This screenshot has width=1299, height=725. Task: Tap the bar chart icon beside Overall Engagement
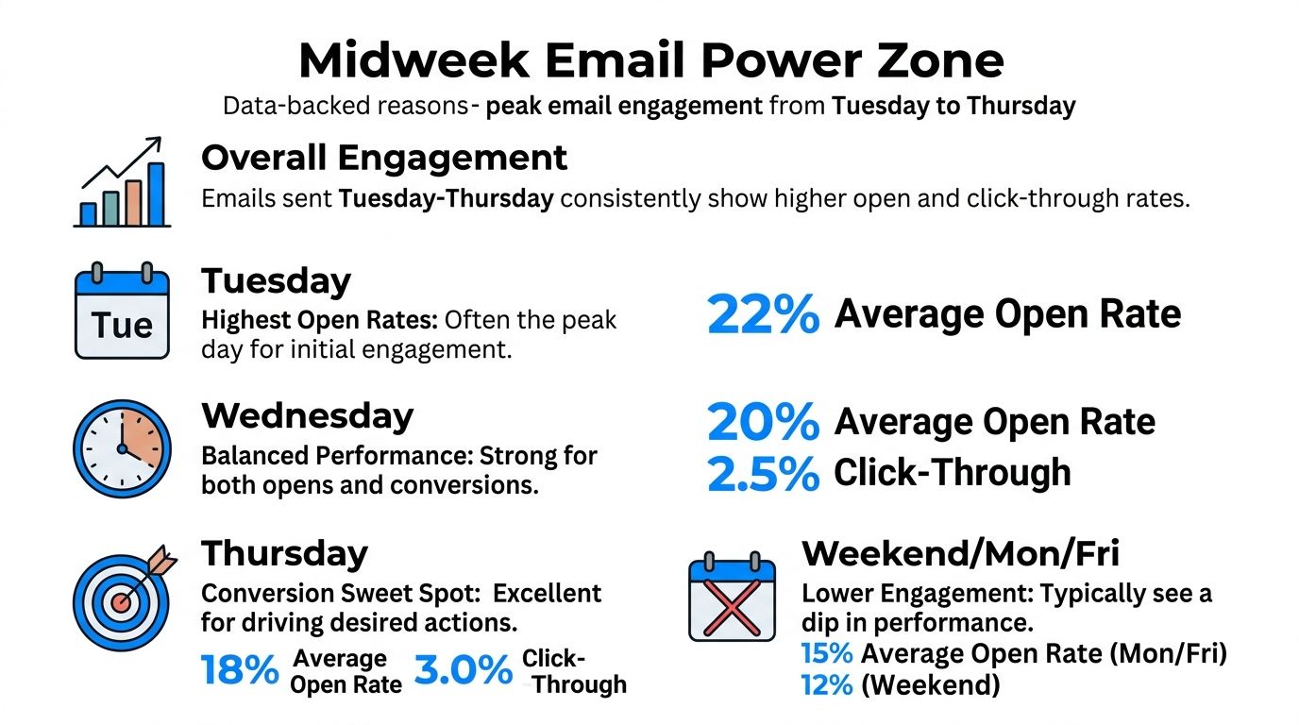click(122, 183)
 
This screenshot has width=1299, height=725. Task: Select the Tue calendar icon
click(122, 312)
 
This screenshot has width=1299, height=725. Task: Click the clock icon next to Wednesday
click(122, 448)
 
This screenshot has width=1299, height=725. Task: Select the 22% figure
click(763, 315)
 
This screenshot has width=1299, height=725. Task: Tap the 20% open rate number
click(763, 423)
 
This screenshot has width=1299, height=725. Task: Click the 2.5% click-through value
click(763, 474)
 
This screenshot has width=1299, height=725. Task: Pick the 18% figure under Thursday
click(240, 671)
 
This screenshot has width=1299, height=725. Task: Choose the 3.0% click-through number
click(463, 671)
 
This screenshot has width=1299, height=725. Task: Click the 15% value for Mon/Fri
click(827, 653)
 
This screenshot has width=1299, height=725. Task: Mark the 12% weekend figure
click(827, 684)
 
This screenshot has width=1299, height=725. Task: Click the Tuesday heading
click(276, 280)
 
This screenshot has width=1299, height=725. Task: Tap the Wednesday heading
click(307, 415)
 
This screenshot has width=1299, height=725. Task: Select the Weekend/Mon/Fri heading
click(960, 552)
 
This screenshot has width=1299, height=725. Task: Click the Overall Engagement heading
click(384, 158)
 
